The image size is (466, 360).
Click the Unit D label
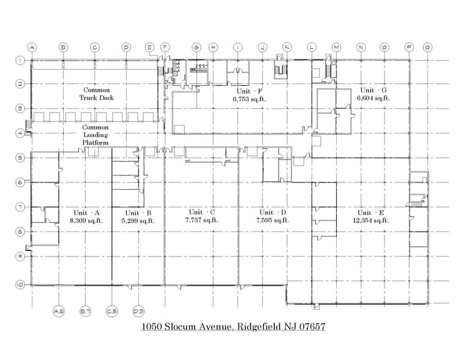(x=272, y=212)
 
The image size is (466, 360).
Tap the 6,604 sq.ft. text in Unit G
(x=374, y=97)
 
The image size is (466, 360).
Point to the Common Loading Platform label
(x=96, y=135)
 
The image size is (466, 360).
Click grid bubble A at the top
(x=32, y=47)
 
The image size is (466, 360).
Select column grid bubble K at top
(x=287, y=47)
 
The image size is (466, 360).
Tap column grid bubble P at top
(x=409, y=47)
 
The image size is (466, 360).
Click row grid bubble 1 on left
(x=20, y=60)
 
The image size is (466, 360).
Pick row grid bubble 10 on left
(x=20, y=285)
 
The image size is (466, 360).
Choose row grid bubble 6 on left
(x=20, y=182)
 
